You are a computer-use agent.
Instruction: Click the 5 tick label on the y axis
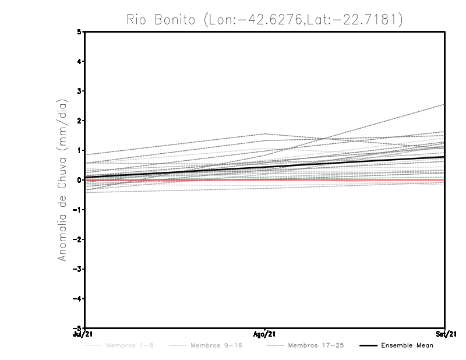80,32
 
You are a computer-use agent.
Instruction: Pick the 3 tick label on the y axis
80,91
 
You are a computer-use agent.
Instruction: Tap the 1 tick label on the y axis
80,150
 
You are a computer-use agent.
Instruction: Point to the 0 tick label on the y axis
80,180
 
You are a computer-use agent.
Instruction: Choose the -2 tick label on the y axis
78,239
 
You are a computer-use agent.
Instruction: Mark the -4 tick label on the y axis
78,299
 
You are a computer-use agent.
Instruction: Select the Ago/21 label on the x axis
265,334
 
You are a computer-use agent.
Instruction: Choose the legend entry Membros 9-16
216,345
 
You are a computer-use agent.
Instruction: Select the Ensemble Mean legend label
407,345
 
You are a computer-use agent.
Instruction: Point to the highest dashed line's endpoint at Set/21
444,105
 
